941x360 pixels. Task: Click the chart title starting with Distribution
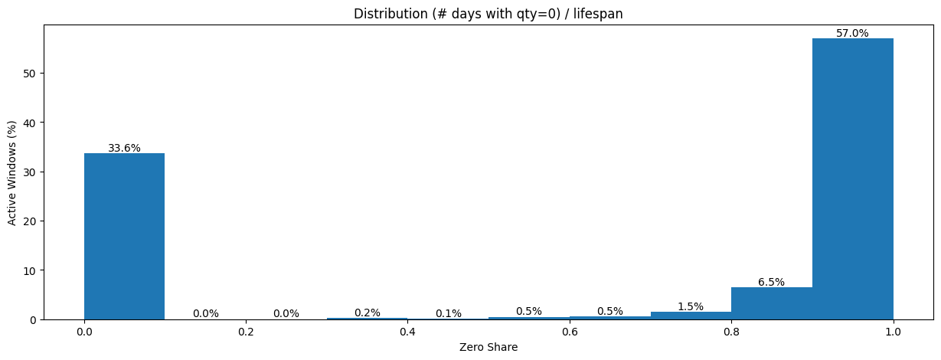[x=488, y=14]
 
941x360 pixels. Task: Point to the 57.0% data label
[x=852, y=33]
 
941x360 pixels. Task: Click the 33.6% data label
[x=124, y=148]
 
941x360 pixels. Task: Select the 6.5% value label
[x=771, y=282]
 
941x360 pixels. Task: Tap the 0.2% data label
[x=367, y=313]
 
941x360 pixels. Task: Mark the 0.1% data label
[x=448, y=313]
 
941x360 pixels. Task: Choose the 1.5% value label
[x=691, y=306]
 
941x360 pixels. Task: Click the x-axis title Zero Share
[x=488, y=348]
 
